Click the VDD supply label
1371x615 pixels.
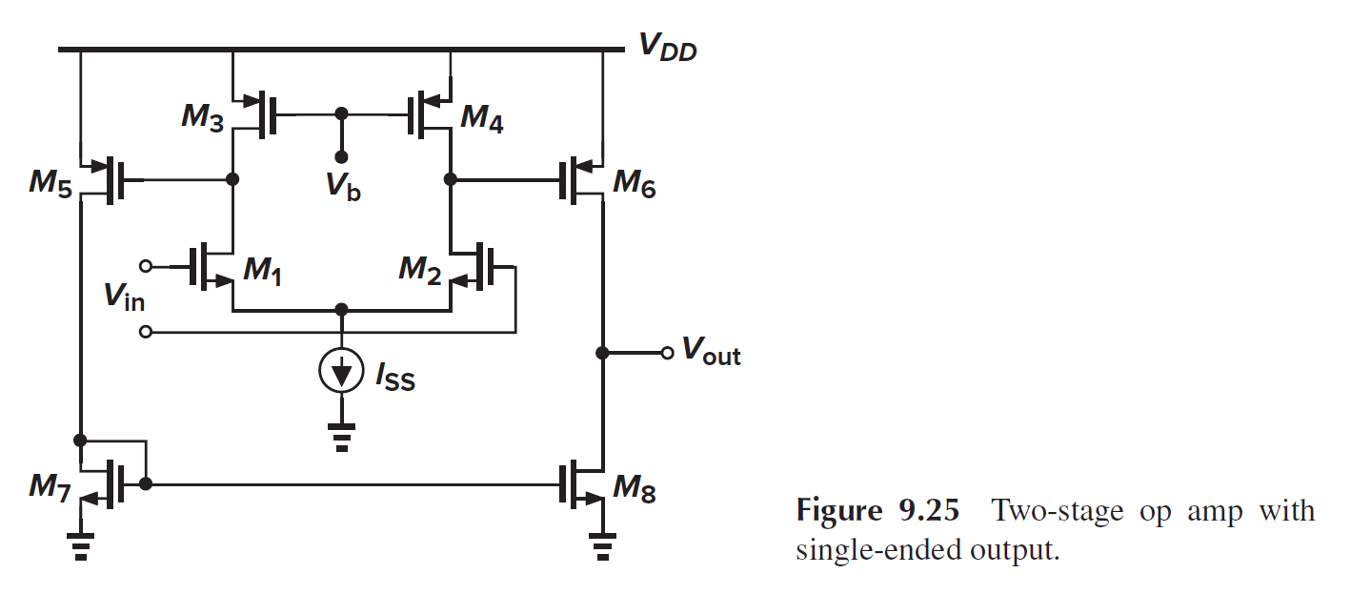[x=666, y=49]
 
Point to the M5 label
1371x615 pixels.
[x=50, y=183]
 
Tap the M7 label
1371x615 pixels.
[x=50, y=488]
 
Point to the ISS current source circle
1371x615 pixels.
[x=341, y=373]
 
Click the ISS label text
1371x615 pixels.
[x=394, y=379]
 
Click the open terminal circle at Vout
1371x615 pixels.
[x=667, y=353]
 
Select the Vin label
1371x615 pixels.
[x=125, y=298]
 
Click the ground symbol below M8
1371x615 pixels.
[x=601, y=547]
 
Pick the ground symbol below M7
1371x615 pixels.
[x=81, y=547]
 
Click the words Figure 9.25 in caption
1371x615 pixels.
[x=877, y=511]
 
